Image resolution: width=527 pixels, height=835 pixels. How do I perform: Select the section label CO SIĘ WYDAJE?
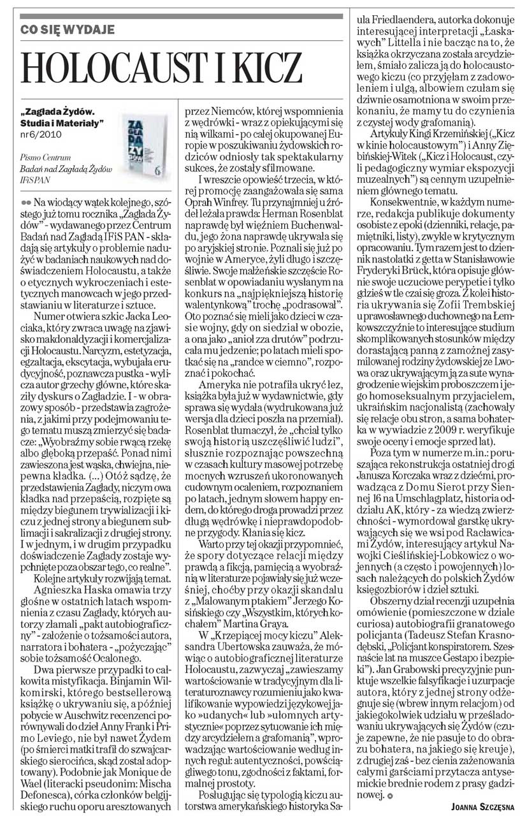[x=69, y=29]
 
